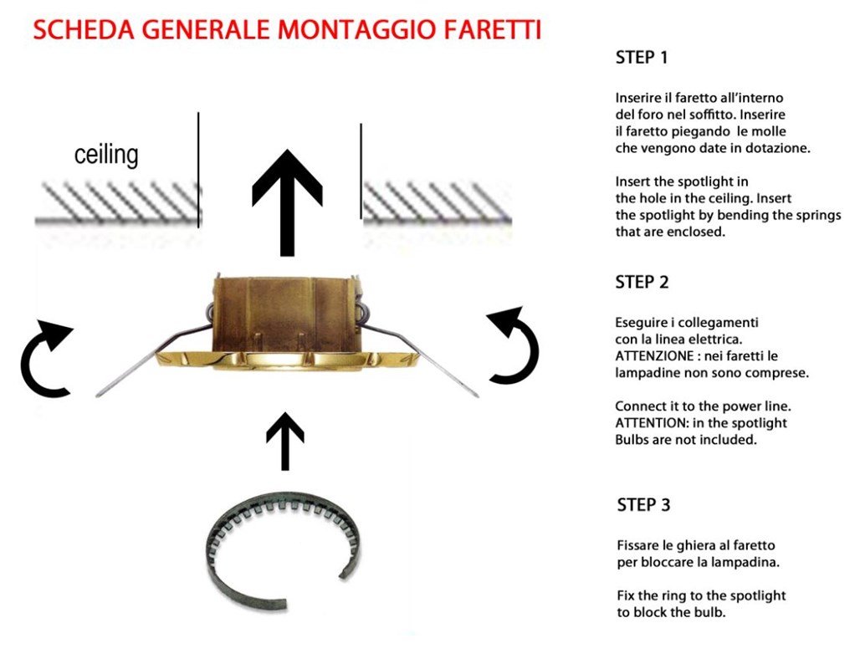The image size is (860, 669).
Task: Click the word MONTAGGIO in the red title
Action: tap(356, 29)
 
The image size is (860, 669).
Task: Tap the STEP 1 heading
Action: tap(642, 58)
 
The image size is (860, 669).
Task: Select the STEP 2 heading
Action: tap(642, 282)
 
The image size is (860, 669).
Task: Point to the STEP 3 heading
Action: tap(643, 504)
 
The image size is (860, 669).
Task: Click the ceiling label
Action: tap(106, 156)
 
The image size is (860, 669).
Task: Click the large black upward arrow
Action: tap(287, 202)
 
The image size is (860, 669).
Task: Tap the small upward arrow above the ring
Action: tap(284, 442)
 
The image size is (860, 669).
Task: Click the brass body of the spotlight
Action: tap(285, 313)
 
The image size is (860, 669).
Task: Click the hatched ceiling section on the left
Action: tap(118, 203)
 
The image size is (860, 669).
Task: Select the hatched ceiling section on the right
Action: tap(437, 203)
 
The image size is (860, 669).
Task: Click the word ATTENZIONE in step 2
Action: tap(654, 356)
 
